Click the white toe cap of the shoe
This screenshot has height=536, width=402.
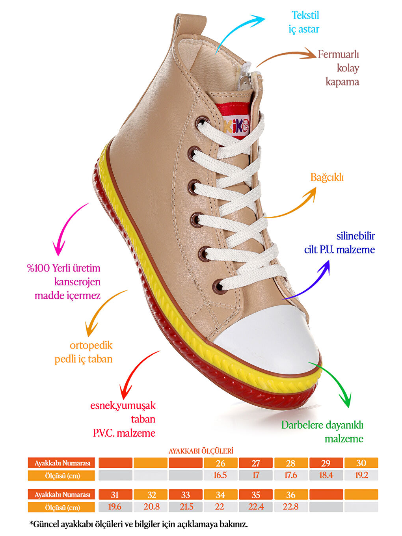coord(268,339)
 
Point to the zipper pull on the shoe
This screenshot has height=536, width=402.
coord(244,83)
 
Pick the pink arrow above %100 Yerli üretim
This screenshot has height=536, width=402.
coord(67,229)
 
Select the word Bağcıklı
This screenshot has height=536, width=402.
coord(327,177)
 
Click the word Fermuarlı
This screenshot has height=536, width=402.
coord(338,54)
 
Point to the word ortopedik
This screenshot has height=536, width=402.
coord(91,345)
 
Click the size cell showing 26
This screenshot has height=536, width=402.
coord(220,463)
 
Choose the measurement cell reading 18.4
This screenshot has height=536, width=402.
coord(326,475)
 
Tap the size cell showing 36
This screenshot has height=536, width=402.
coord(290,495)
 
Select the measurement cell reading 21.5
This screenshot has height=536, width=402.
coord(186,507)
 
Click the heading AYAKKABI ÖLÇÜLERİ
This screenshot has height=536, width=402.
coord(201,451)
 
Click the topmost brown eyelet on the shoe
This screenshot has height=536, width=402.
coord(203,121)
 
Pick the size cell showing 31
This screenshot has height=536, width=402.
coord(115,495)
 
